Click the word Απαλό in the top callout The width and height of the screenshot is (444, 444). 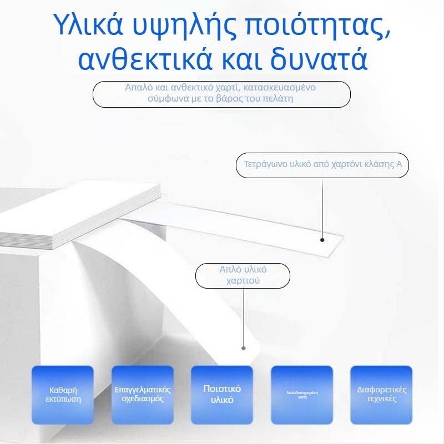(x=138, y=88)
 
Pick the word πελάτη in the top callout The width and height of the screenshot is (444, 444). (x=278, y=99)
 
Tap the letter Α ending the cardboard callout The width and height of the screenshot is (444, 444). (x=399, y=164)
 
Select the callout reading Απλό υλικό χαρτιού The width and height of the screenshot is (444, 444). (x=243, y=275)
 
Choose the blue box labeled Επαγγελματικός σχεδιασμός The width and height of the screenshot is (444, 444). (x=142, y=394)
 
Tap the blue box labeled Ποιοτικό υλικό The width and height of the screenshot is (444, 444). (x=222, y=394)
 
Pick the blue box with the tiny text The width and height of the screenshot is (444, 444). (x=302, y=394)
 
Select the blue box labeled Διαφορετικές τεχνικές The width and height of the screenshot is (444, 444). (x=381, y=394)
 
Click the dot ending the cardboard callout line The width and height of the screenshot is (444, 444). (x=322, y=240)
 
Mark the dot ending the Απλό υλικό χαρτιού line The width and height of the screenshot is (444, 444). (x=243, y=348)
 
